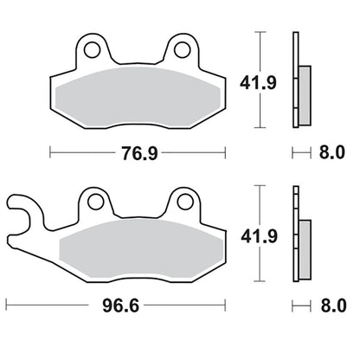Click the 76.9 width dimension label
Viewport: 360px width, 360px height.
pyautogui.click(x=139, y=153)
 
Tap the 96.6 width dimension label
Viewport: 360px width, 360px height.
pyautogui.click(x=121, y=305)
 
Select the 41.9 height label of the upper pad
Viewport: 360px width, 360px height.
pyautogui.click(x=258, y=83)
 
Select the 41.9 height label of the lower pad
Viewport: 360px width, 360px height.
pyautogui.click(x=260, y=236)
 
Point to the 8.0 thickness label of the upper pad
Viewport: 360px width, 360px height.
pyautogui.click(x=331, y=152)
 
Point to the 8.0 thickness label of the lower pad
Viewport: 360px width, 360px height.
pyautogui.click(x=333, y=305)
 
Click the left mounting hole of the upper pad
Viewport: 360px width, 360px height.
pyautogui.click(x=93, y=49)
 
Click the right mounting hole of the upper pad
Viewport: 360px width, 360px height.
pyautogui.click(x=183, y=49)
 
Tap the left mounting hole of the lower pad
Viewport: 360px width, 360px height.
pyautogui.click(x=96, y=202)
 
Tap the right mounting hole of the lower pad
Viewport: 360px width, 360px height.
pyautogui.click(x=185, y=202)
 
